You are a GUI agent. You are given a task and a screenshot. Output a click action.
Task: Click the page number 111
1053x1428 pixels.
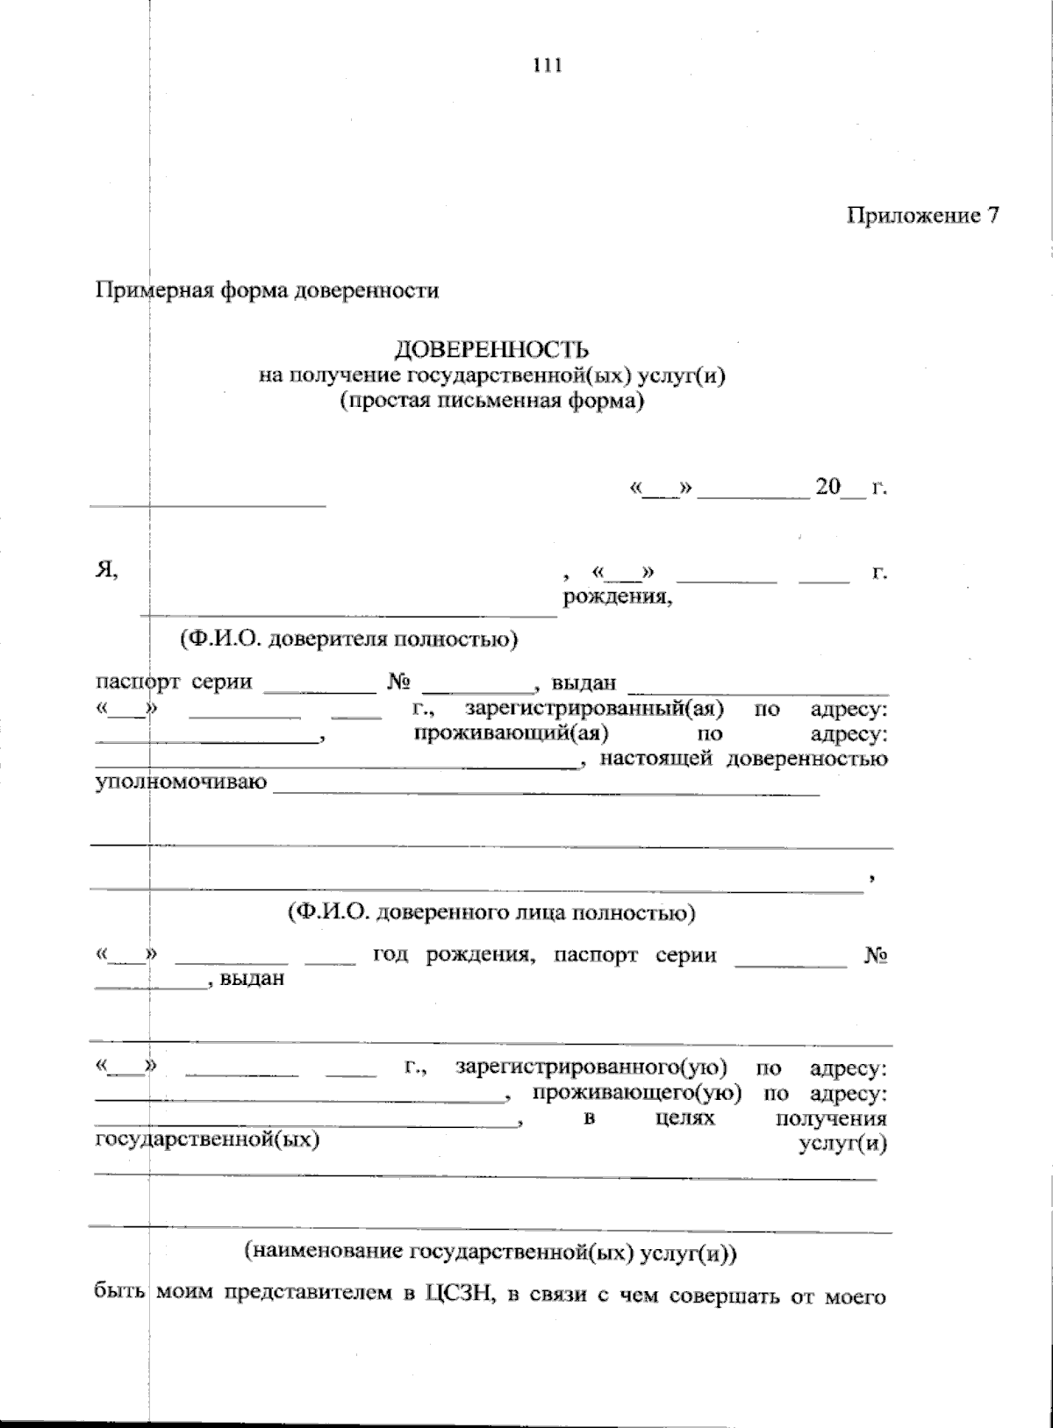[547, 65]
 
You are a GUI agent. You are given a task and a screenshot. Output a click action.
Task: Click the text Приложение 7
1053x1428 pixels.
[922, 216]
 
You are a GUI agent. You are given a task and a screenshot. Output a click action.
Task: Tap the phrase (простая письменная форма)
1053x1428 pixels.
[491, 403]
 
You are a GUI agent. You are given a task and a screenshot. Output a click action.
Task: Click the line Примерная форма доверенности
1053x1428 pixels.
[267, 290]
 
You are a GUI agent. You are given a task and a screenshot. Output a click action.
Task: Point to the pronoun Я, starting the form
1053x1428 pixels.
[106, 570]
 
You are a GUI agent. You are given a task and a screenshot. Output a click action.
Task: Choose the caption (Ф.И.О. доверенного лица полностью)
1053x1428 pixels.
[491, 913]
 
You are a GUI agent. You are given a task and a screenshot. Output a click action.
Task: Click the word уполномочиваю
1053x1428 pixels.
[181, 782]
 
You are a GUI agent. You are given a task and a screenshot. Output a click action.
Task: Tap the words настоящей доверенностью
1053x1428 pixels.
[744, 758]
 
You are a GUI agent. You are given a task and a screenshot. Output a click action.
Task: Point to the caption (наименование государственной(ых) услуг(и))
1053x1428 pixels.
[491, 1253]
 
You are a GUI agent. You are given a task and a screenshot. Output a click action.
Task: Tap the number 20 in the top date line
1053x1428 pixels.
[827, 487]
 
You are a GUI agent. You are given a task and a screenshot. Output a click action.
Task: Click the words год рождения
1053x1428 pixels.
[454, 955]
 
